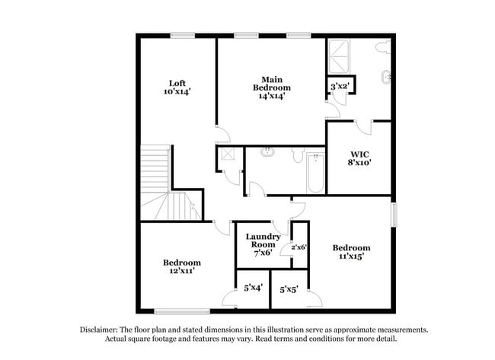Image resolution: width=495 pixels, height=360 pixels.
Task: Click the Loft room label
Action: [x=177, y=88]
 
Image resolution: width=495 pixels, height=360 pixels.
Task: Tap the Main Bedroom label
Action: [x=272, y=88]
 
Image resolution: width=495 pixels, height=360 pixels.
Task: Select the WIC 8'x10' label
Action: [x=359, y=158]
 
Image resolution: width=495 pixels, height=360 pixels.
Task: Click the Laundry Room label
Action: [x=263, y=244]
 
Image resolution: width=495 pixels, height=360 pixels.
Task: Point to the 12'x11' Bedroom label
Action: [x=182, y=266]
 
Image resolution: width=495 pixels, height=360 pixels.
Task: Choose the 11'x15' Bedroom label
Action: [x=351, y=252]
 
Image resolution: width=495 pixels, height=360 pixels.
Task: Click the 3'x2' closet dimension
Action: [x=340, y=86]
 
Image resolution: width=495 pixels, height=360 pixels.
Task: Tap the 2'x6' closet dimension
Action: [x=299, y=247]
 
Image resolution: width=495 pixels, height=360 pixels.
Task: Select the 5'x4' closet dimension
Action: [x=253, y=288]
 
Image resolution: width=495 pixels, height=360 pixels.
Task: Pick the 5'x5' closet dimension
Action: [x=289, y=289]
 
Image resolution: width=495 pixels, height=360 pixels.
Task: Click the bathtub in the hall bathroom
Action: [x=315, y=173]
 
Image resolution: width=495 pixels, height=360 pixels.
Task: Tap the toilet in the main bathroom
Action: [x=383, y=46]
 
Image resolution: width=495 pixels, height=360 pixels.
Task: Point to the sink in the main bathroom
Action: [x=386, y=77]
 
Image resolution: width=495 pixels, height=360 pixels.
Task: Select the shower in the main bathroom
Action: [x=339, y=56]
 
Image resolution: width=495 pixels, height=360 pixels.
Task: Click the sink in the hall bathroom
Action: [x=267, y=152]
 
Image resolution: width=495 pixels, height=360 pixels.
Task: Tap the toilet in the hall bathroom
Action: [x=298, y=155]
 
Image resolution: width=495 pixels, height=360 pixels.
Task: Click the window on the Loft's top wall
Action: [x=183, y=36]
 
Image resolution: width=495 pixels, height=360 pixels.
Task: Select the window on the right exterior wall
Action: [x=394, y=215]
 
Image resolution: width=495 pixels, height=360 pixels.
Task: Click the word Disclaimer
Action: [x=99, y=330]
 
